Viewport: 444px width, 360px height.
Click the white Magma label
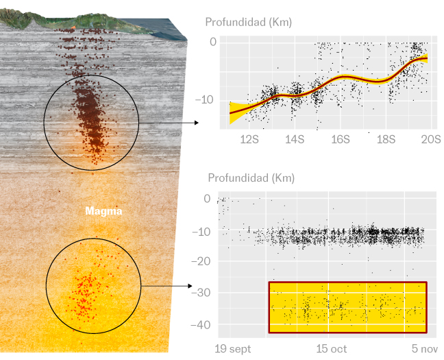point(103,211)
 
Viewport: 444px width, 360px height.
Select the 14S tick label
point(295,139)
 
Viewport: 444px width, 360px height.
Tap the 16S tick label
point(340,139)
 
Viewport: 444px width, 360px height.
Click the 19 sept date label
point(234,349)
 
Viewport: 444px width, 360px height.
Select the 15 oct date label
point(331,349)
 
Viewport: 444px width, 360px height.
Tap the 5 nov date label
point(420,349)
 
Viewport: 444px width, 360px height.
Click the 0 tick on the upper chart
point(213,42)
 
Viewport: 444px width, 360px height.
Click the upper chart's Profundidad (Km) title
point(249,22)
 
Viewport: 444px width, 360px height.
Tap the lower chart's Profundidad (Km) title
point(251,178)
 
